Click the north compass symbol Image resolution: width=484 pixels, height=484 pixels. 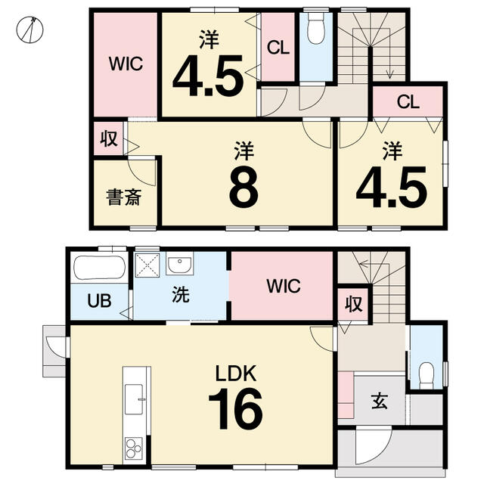click(29, 29)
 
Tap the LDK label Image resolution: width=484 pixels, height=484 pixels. click(236, 374)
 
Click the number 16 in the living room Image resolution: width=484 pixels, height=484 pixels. click(235, 408)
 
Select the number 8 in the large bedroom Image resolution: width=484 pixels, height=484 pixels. click(244, 187)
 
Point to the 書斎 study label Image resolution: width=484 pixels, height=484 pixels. click(124, 197)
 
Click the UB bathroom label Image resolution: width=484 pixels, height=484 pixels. click(99, 300)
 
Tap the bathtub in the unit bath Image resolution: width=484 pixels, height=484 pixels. click(100, 268)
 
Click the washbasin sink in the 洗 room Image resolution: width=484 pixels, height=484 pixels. click(180, 263)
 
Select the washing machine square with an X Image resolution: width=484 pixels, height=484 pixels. click(147, 265)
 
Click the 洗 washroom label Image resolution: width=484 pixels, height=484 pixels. click(181, 294)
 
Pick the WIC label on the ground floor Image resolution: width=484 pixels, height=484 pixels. click(284, 286)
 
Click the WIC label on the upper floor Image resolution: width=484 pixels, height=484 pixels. click(126, 64)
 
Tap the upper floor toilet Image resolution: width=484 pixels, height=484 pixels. click(316, 29)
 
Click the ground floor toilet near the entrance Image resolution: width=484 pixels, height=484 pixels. click(427, 374)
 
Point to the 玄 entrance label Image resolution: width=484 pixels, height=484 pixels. click(380, 402)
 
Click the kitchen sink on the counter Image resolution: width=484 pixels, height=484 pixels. click(134, 399)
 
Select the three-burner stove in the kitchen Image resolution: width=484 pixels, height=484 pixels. click(134, 448)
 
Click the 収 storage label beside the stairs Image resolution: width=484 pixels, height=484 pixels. click(353, 304)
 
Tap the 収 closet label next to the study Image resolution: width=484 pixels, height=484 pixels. click(109, 138)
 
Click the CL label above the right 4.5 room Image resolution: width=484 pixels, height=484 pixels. click(408, 101)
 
